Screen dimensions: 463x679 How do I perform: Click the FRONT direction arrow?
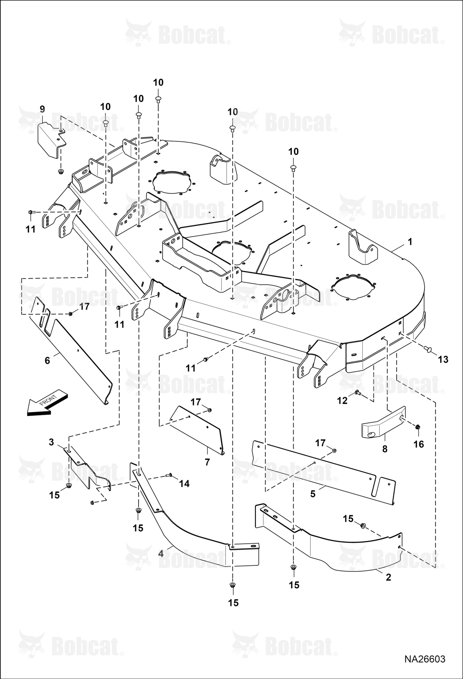47,403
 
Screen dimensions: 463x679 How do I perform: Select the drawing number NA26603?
424,659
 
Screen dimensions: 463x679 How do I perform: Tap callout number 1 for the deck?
410,242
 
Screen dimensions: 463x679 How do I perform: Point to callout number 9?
42,109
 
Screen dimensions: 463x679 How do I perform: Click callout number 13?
443,359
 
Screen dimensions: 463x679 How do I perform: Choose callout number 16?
419,444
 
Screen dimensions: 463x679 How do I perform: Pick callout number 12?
342,401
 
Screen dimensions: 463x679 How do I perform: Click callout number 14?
184,483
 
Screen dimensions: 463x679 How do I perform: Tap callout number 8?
385,449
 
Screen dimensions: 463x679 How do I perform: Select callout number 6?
47,360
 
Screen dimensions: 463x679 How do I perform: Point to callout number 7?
207,462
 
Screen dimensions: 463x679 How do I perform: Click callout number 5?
313,494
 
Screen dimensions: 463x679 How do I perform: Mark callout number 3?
51,442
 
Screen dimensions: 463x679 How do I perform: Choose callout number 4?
161,553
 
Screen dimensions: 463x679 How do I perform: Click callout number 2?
388,577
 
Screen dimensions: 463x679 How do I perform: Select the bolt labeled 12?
357,392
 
